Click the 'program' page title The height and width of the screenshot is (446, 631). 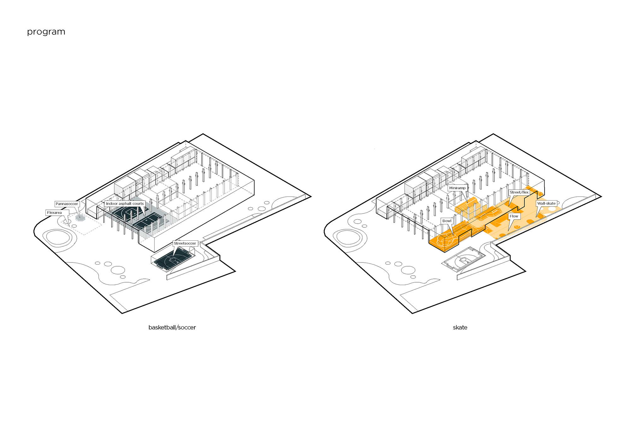pyautogui.click(x=46, y=32)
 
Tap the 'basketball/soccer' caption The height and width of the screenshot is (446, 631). pyautogui.click(x=172, y=327)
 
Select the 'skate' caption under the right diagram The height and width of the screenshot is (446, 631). pyautogui.click(x=460, y=327)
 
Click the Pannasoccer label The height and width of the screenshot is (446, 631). pyautogui.click(x=67, y=204)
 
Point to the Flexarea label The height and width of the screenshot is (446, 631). pyautogui.click(x=55, y=213)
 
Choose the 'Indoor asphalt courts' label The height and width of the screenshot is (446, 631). pyautogui.click(x=125, y=204)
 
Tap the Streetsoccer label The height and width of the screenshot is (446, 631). pyautogui.click(x=185, y=243)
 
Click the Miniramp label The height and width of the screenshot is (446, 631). pyautogui.click(x=457, y=188)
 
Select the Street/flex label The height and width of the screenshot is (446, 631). pyautogui.click(x=519, y=192)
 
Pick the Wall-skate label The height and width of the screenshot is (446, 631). pyautogui.click(x=546, y=203)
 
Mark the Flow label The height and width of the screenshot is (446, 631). pyautogui.click(x=514, y=216)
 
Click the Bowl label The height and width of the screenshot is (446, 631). pyautogui.click(x=447, y=221)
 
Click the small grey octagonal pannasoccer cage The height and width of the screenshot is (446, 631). pyautogui.click(x=80, y=218)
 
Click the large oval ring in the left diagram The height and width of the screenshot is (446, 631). pyautogui.click(x=57, y=237)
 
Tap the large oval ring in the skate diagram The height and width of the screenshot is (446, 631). pyautogui.click(x=348, y=237)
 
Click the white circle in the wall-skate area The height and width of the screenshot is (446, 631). pyautogui.click(x=552, y=209)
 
